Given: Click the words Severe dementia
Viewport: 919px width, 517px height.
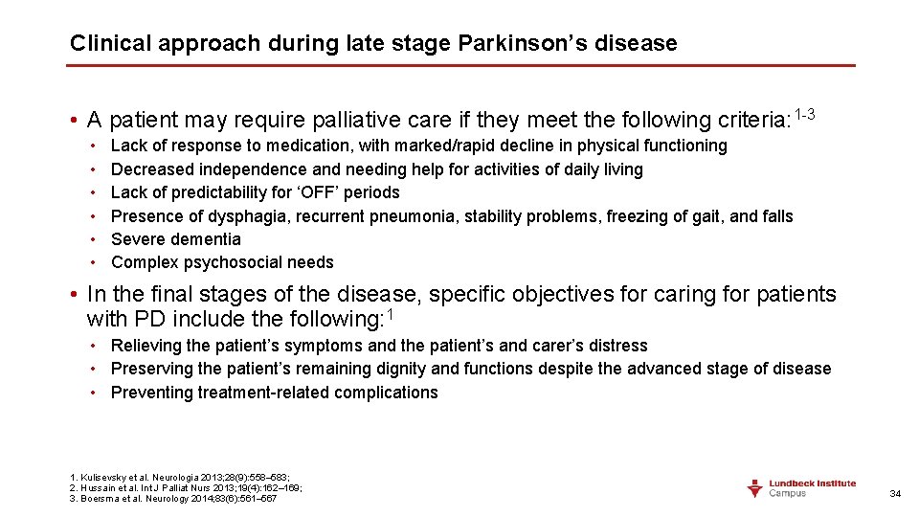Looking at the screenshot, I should coord(176,239).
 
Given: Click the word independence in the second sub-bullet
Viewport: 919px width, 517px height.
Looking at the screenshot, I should coord(243,169).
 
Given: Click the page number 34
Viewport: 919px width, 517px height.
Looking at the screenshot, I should coord(895,493).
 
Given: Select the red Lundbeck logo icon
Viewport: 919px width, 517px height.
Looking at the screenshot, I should coord(755,487).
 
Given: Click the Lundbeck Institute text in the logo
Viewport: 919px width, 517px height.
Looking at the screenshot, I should coord(813,483).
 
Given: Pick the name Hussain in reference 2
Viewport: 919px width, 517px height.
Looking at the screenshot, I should coord(99,487).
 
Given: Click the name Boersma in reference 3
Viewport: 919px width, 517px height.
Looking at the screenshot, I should coord(101,498).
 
